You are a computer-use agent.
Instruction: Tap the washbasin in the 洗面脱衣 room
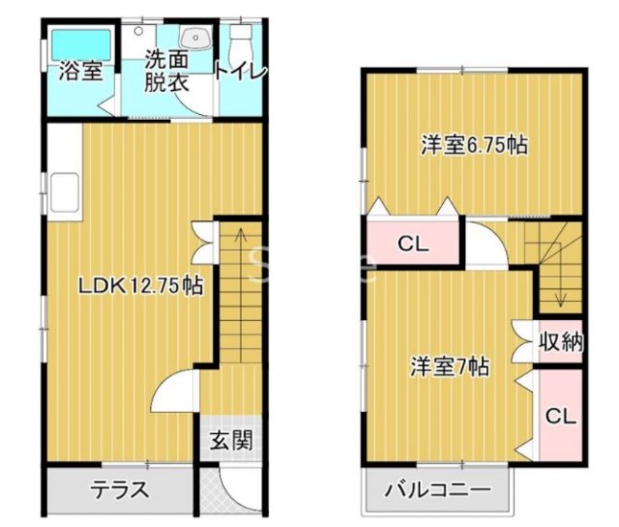coord(195,38)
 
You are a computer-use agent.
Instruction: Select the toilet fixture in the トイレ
coord(242,41)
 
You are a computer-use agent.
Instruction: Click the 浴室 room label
coord(81,72)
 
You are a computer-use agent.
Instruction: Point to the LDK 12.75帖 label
coord(141,285)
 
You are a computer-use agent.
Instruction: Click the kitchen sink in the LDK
coord(64,192)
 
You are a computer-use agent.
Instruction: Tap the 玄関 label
coord(230,440)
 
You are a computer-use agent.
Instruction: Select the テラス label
coord(120,490)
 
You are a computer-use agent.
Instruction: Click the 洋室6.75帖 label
coord(474,145)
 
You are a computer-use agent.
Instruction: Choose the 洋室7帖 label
coord(450,366)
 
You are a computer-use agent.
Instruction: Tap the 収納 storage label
coord(561,341)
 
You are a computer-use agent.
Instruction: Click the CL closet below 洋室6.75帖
coord(413,244)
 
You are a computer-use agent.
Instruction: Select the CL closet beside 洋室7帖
coord(561,416)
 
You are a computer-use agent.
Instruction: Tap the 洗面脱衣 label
coord(166,71)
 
